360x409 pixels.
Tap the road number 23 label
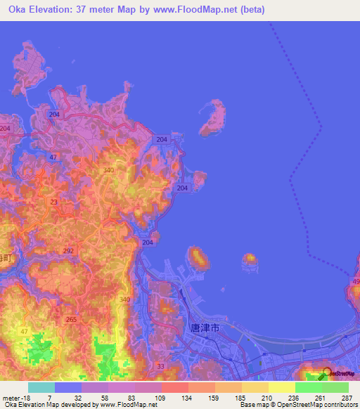click(54, 202)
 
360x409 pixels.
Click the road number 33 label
click(160, 367)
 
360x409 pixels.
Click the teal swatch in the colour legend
click(41, 387)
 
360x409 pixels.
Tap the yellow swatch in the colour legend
click(281, 387)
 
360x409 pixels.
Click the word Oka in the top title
click(18, 9)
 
